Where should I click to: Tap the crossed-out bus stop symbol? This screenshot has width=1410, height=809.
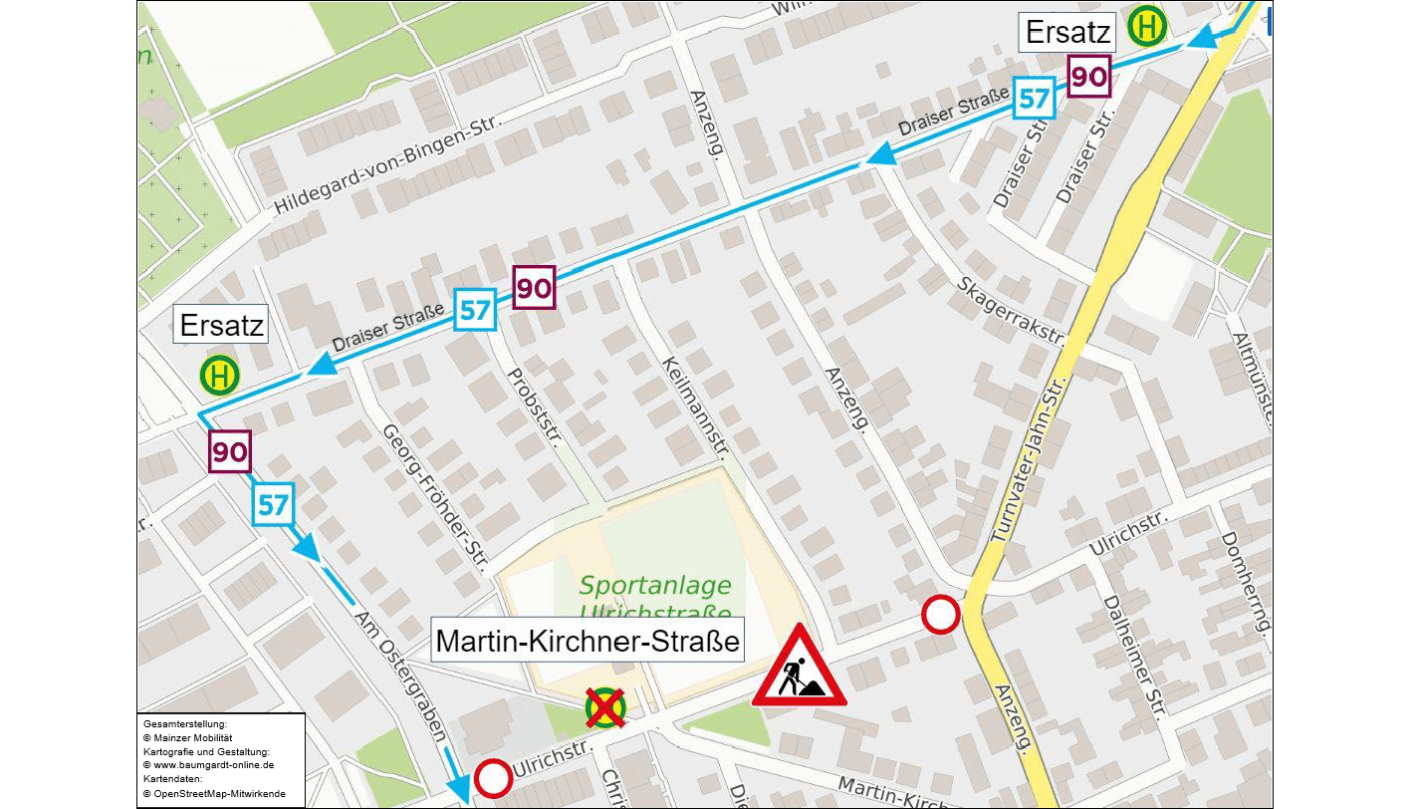click(x=604, y=708)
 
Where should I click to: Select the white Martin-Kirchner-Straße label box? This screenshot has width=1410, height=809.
click(x=588, y=641)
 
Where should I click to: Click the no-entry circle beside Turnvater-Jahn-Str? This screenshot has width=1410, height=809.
click(x=940, y=615)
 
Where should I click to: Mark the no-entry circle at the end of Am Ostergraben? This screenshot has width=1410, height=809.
click(x=493, y=778)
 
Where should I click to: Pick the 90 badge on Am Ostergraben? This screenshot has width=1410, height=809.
click(x=229, y=452)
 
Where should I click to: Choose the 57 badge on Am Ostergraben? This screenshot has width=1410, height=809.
click(x=273, y=505)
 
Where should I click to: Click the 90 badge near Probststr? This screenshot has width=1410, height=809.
click(x=534, y=289)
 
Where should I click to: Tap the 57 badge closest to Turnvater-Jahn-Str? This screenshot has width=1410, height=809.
click(x=1035, y=99)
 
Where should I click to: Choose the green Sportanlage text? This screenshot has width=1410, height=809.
click(x=655, y=586)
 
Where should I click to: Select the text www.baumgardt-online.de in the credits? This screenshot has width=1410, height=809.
click(x=210, y=765)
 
